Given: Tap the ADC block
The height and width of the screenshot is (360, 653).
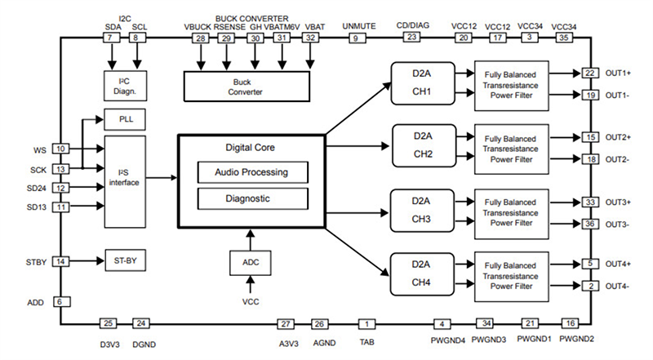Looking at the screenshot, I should (251, 262).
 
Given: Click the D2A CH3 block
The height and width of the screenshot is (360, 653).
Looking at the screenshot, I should (424, 210).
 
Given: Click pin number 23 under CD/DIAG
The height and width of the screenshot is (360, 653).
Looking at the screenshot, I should (412, 37).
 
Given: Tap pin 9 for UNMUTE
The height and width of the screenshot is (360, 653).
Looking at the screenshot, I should (354, 38).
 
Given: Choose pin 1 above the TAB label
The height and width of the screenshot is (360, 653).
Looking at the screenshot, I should (369, 324).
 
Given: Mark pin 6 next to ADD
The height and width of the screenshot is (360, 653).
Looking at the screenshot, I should (59, 301).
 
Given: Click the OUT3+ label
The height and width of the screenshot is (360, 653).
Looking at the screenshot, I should (618, 201).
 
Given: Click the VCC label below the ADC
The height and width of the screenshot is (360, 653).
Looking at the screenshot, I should (251, 301).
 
